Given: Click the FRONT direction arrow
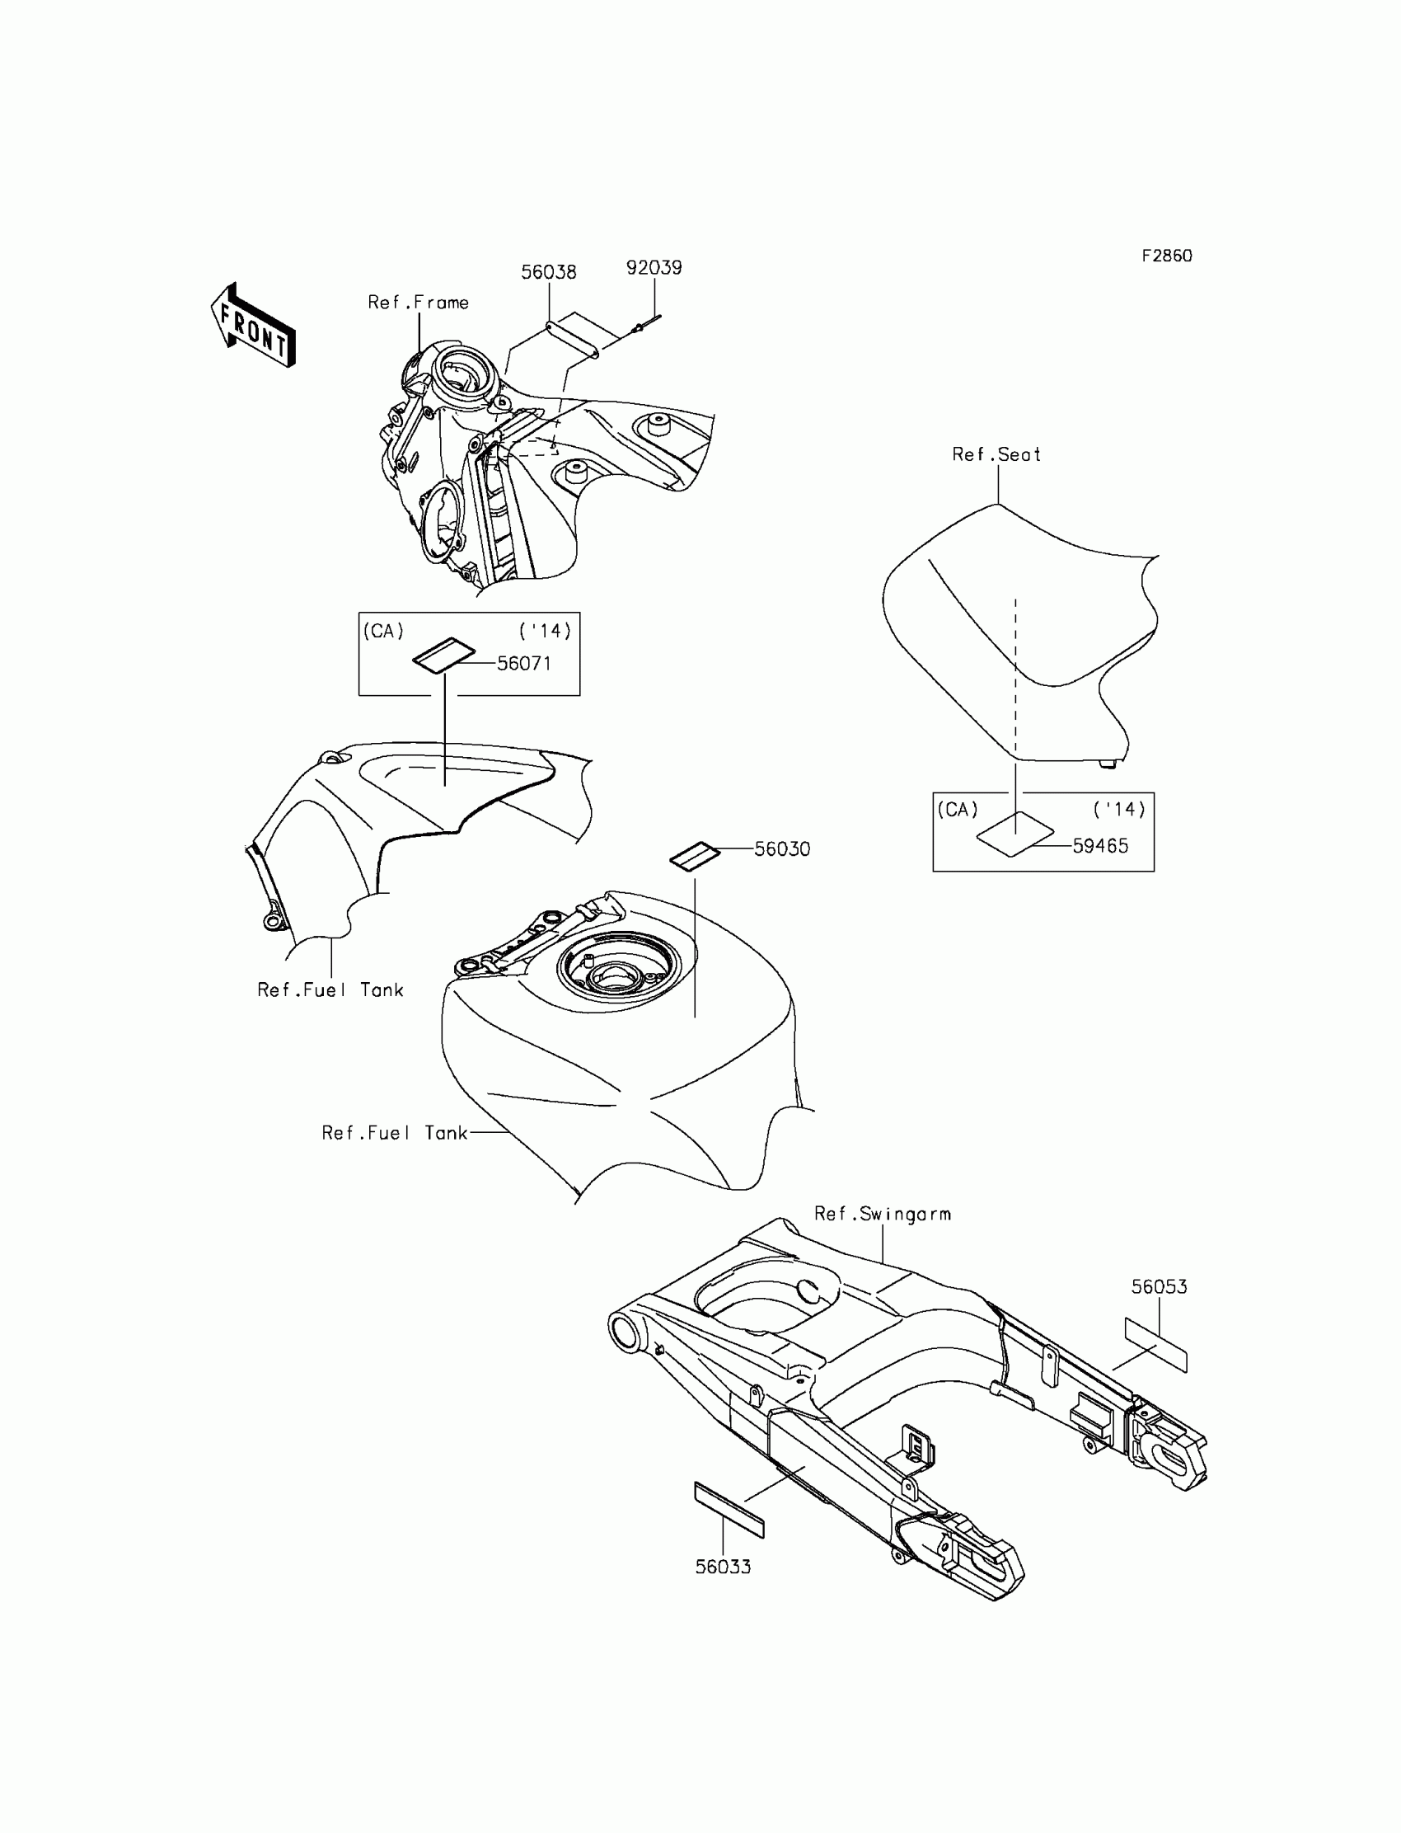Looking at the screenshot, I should click(253, 326).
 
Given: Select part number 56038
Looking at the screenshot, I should click(548, 272).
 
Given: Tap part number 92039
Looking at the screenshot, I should click(654, 268).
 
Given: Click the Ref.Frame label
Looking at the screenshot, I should click(418, 303).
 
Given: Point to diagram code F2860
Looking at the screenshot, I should click(1166, 256).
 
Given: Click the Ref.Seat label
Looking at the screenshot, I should click(996, 454).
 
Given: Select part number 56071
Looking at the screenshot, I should click(523, 663).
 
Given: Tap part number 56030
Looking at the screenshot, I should click(781, 849).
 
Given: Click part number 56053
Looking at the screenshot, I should click(1159, 1287).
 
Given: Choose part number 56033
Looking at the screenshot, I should click(723, 1567).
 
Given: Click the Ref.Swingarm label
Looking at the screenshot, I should click(882, 1214).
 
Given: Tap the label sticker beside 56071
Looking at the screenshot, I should click(443, 655).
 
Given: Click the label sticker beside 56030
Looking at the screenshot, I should click(695, 856).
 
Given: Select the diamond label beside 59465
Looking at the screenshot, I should click(1014, 834).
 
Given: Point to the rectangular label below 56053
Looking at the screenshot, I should click(1155, 1345).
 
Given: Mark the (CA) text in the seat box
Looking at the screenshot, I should click(958, 810).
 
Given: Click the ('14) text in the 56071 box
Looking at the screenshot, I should click(545, 632).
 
